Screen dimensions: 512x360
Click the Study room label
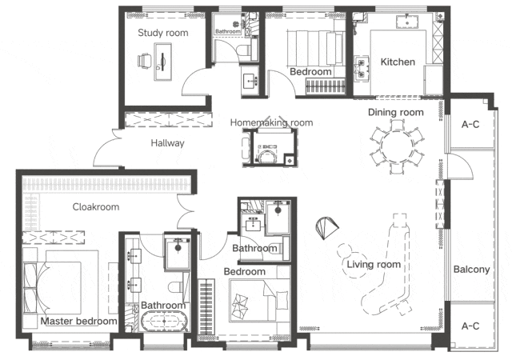(163, 33)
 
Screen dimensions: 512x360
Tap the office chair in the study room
(145, 61)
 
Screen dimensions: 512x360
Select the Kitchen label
(398, 62)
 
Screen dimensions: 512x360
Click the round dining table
(398, 145)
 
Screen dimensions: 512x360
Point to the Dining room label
(396, 112)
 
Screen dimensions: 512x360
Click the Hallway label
(167, 143)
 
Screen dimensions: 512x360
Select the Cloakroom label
(96, 206)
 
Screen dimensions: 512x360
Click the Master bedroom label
(78, 321)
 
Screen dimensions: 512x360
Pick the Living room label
(374, 264)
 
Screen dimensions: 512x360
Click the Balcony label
(471, 270)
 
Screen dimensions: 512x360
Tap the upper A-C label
(470, 124)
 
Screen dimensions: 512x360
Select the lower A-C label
(470, 326)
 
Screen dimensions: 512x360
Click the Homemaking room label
(271, 122)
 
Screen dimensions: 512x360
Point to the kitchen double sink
(362, 68)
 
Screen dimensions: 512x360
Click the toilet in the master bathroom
(176, 287)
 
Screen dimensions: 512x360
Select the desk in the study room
(163, 62)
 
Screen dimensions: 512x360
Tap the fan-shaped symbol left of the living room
(327, 228)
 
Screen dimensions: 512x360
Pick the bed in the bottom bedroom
(259, 300)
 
